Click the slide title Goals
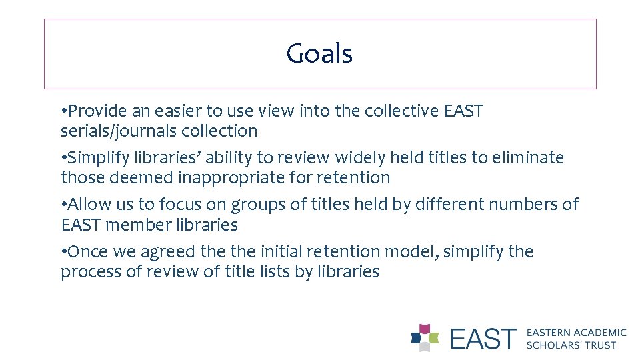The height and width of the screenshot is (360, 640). pyautogui.click(x=319, y=54)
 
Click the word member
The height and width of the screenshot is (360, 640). pyautogui.click(x=137, y=225)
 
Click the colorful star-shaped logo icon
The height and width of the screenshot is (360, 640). pyautogui.click(x=425, y=337)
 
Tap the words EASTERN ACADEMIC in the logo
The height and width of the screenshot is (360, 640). pyautogui.click(x=577, y=332)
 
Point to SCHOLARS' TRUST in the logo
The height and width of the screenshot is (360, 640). pyautogui.click(x=571, y=345)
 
